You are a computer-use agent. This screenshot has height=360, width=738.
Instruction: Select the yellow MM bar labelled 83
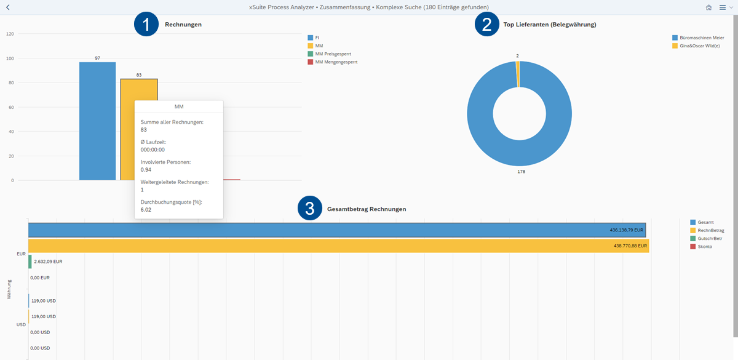point(127,90)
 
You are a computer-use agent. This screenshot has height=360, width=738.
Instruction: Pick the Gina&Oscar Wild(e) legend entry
point(696,46)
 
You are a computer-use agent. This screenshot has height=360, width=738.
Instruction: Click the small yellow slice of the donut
point(518,74)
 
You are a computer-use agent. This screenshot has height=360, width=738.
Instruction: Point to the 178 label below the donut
point(522,172)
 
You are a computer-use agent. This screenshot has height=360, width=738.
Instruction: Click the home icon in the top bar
point(709,7)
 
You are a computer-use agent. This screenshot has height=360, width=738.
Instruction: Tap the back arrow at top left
point(7,7)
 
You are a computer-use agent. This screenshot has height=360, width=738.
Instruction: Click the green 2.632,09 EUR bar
point(30,262)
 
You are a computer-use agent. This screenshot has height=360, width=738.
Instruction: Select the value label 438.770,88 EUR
point(630,246)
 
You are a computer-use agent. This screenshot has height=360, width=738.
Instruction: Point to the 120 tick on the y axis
point(10,34)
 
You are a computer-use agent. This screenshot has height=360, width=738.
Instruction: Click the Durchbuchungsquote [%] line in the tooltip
point(171,202)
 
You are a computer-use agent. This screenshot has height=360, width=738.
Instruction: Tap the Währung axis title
point(9,289)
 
